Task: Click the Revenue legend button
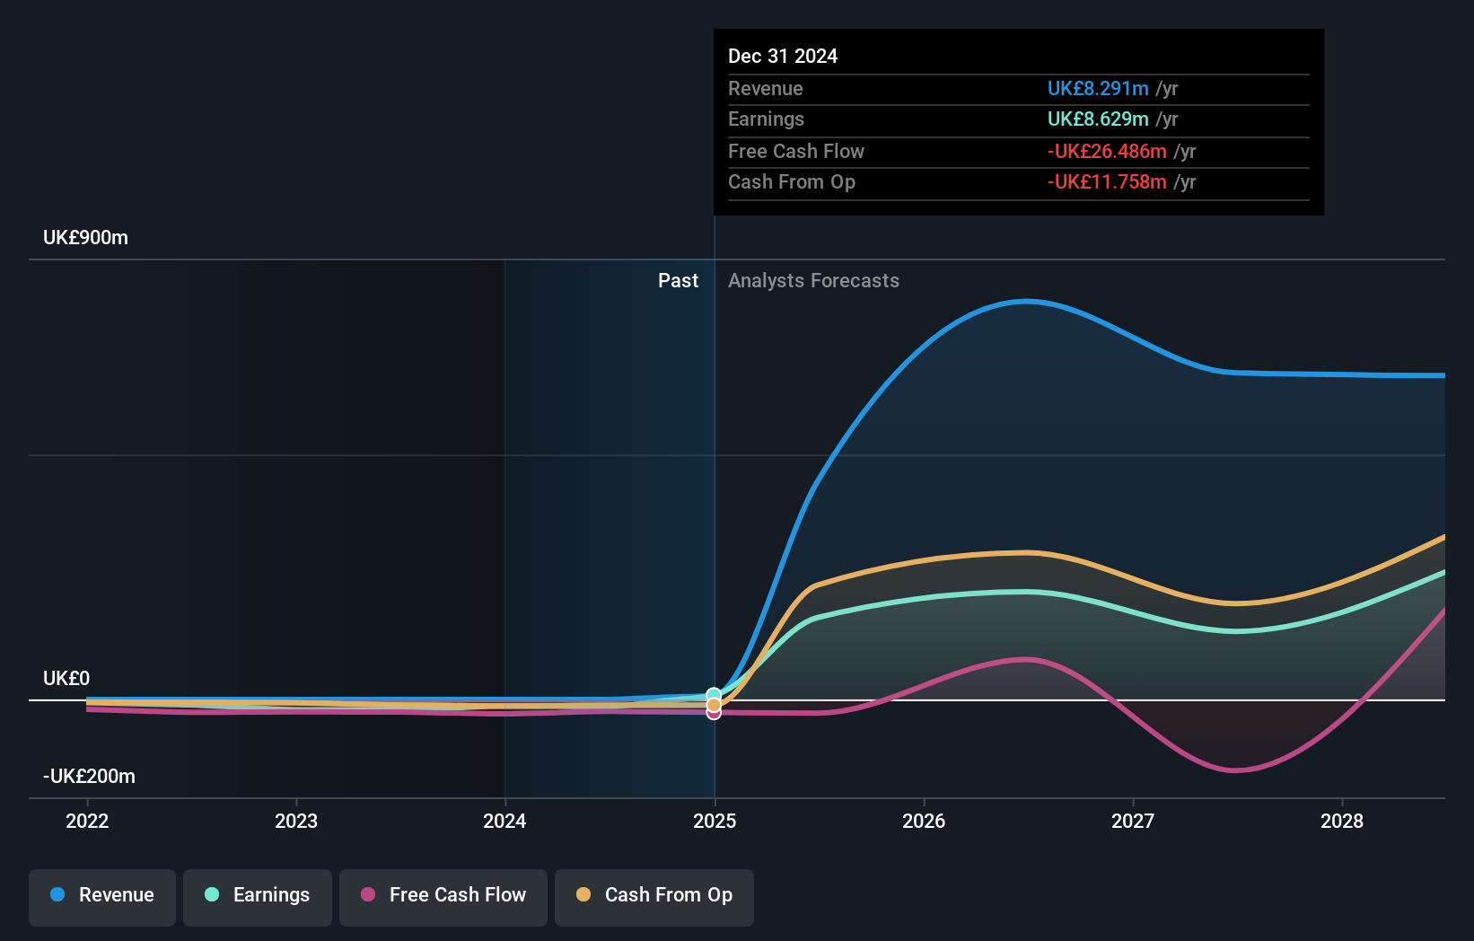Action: [102, 895]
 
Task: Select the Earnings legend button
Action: [258, 895]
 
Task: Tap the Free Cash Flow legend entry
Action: [443, 895]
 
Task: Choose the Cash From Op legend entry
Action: [654, 895]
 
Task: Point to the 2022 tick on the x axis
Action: [87, 821]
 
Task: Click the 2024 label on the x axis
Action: [504, 821]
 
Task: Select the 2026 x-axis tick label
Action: [924, 821]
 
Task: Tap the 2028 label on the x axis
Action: [1342, 821]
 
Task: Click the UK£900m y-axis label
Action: [85, 238]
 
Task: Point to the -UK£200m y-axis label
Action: [89, 776]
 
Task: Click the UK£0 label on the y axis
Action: [66, 678]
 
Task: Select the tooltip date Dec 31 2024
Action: [783, 56]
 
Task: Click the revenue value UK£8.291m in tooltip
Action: [1098, 88]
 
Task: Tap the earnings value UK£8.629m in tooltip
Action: [1098, 119]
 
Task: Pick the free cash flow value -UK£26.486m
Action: [1107, 151]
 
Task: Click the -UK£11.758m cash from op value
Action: [1107, 181]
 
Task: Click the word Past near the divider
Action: [678, 280]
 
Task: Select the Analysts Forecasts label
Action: [813, 280]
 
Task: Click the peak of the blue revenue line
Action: [1026, 302]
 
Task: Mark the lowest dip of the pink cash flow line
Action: [1236, 770]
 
